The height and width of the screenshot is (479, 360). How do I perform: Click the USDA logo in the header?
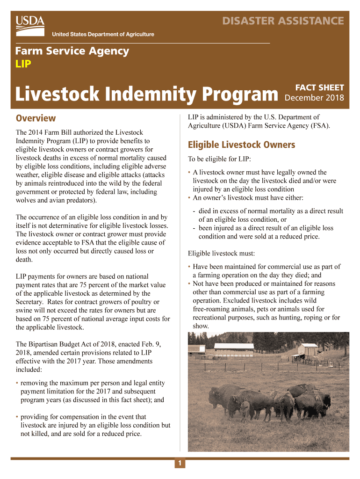(30, 23)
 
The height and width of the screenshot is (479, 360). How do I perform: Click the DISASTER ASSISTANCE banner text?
(283, 21)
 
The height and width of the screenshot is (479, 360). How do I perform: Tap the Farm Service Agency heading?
(72, 51)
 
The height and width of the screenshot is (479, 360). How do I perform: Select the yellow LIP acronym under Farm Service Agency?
(23, 64)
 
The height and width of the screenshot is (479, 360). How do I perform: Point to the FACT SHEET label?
(320, 87)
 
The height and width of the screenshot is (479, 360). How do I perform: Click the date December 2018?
(314, 98)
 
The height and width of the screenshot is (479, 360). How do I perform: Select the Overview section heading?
(36, 118)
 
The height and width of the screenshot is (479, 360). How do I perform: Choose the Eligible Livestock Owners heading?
(241, 145)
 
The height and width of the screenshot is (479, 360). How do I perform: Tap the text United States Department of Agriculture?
(103, 34)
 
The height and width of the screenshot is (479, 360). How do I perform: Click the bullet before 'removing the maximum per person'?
(17, 383)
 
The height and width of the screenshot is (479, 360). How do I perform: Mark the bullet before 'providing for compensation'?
(17, 417)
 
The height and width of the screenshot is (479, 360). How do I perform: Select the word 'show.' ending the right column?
(201, 326)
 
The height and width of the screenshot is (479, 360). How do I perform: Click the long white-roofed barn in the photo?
(233, 347)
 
